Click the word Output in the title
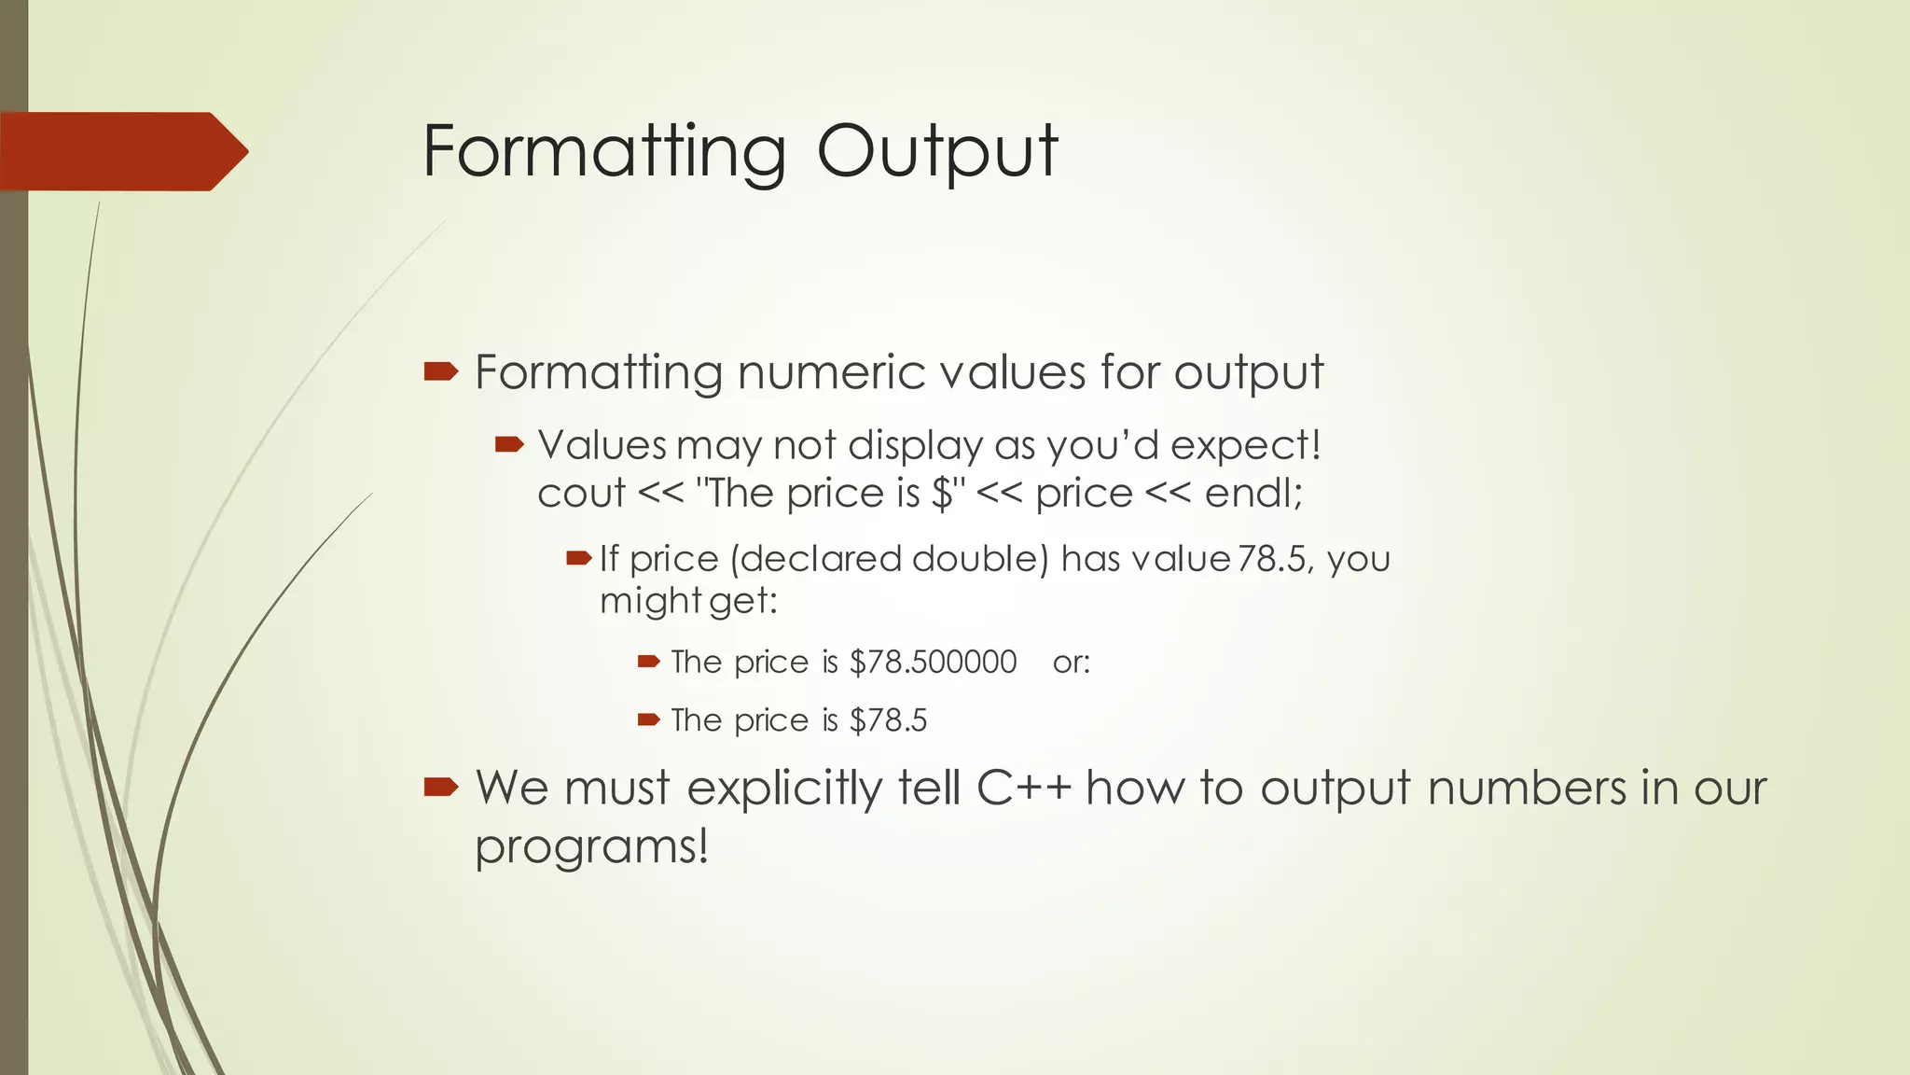click(937, 151)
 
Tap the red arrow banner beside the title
click(121, 151)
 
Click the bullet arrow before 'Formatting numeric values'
click(440, 372)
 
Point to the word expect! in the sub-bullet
click(1246, 446)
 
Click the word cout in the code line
click(581, 494)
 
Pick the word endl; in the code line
click(1253, 494)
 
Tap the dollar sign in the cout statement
click(942, 494)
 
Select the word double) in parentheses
click(980, 559)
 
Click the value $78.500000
click(933, 662)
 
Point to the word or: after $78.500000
click(1072, 663)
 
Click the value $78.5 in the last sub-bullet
click(888, 720)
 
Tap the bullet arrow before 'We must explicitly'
click(440, 788)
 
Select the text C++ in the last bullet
click(1024, 788)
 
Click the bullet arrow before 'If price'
click(578, 559)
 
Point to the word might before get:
click(650, 601)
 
